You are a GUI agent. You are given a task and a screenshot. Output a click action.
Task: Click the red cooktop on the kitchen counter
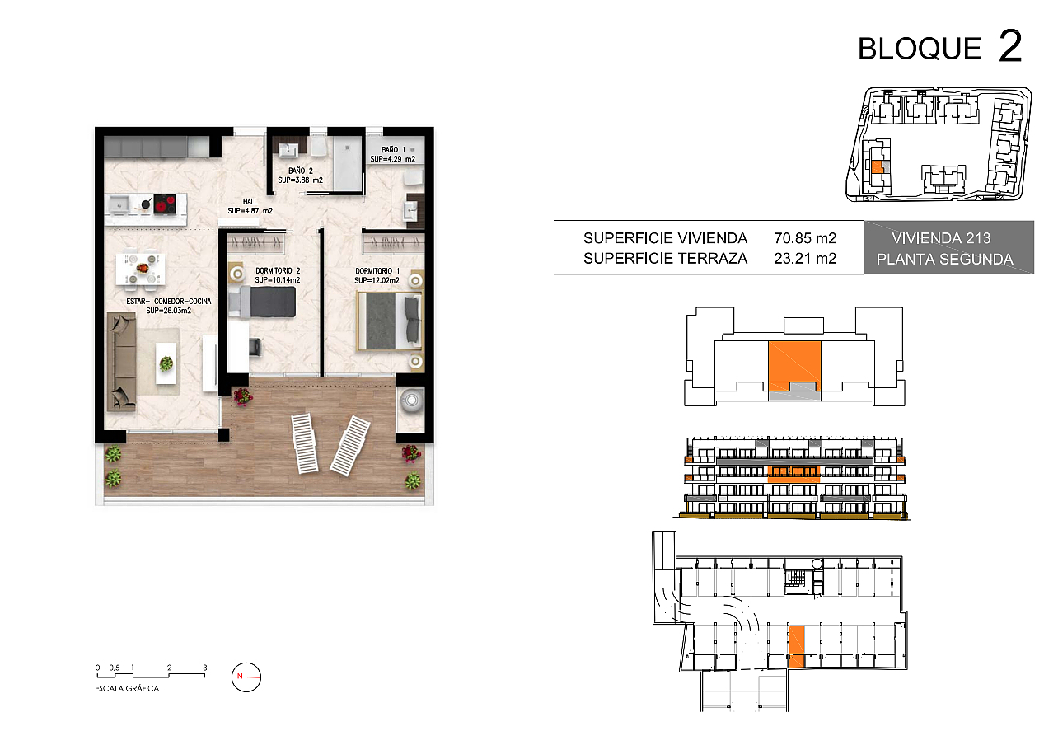165,204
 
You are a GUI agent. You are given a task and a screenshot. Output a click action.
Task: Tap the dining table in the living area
141,269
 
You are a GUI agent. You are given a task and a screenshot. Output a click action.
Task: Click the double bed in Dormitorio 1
390,321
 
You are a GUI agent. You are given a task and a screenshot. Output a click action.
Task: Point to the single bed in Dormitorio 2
263,302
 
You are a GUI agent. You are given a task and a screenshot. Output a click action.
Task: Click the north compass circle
246,677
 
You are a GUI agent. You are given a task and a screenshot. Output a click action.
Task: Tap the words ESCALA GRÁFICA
127,689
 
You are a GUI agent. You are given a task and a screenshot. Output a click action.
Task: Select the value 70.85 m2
805,237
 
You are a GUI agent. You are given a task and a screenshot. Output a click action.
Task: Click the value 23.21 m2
805,259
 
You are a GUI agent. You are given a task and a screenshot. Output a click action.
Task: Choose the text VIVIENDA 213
941,238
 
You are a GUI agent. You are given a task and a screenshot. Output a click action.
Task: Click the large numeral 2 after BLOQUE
1010,46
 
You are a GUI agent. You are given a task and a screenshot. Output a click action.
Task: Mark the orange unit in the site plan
877,167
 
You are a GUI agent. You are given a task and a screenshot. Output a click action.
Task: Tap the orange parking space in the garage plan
796,646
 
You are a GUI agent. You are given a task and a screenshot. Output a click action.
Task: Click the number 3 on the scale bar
205,668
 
